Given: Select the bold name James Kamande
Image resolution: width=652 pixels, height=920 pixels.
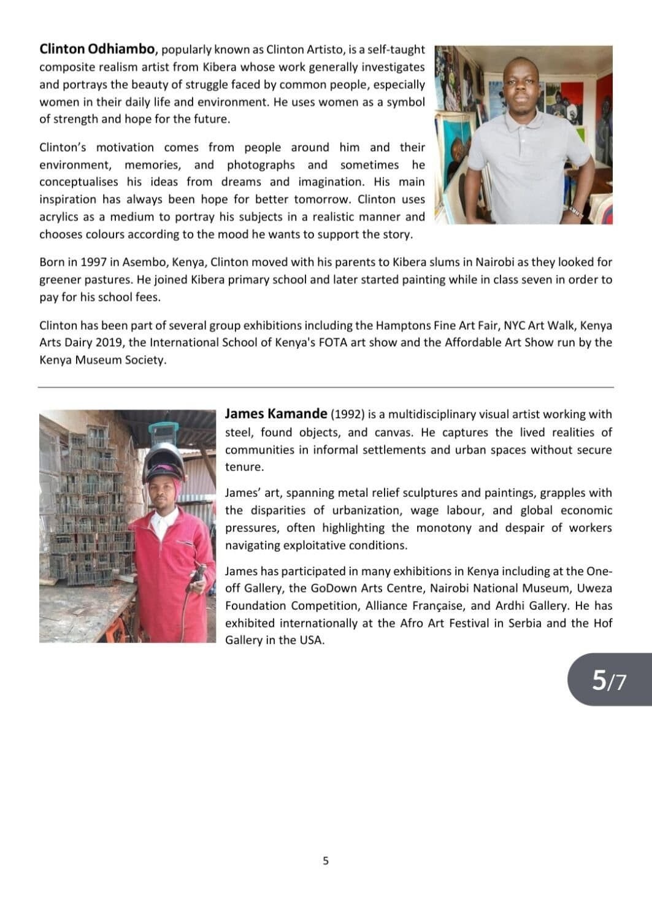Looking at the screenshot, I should point(275,414).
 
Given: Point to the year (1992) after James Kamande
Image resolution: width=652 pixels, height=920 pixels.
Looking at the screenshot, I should point(348,415).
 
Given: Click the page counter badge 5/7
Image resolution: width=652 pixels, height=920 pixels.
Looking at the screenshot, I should point(609,680).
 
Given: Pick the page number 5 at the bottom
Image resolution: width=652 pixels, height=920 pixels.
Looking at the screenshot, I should point(326,861).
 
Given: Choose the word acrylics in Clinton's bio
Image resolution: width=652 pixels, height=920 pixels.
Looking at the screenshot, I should point(63,217).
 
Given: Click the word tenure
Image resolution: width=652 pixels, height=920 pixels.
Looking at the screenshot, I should point(244,467).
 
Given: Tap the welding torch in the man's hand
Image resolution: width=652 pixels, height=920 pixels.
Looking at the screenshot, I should point(196,580).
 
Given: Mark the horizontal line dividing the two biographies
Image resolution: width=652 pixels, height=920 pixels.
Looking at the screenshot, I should point(326,387).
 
